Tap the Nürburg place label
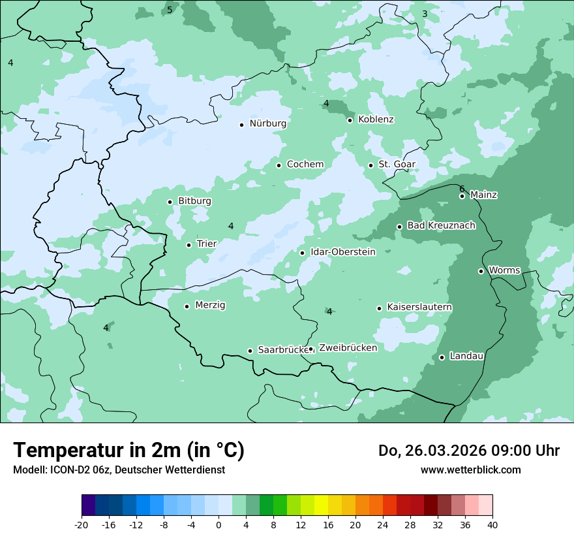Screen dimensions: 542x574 267,123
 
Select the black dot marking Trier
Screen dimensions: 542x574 189,245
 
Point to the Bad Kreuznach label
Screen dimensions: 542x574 441,225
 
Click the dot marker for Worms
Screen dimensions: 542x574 481,271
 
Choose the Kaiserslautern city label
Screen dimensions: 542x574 419,307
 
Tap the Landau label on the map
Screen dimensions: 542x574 466,356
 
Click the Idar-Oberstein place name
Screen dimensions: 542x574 343,251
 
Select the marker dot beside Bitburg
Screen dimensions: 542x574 170,202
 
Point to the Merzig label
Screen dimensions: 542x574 210,305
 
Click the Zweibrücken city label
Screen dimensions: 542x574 348,348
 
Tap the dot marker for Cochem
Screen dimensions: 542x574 279,165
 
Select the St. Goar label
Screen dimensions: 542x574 397,164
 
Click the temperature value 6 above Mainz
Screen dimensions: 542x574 462,189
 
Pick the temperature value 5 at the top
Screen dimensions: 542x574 170,10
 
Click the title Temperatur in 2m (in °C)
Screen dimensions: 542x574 128,450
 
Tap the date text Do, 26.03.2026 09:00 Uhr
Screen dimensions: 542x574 468,451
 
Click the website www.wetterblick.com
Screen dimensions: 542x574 470,470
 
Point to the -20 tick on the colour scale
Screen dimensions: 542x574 82,524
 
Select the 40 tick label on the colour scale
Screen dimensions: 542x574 492,524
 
